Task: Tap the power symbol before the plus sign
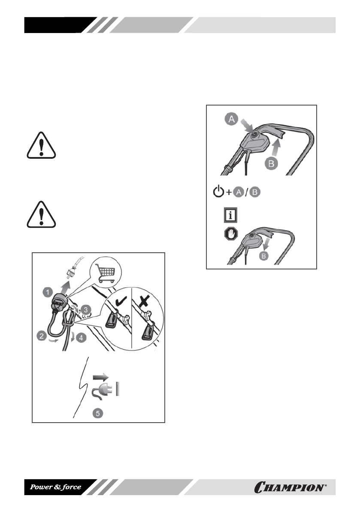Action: [x=218, y=192]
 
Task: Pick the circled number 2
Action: [x=42, y=337]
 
